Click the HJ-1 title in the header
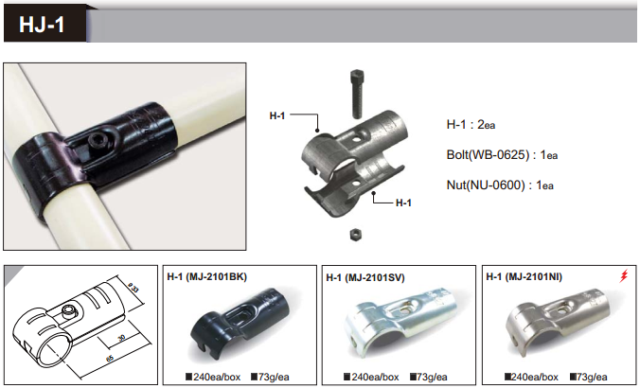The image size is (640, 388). [x=42, y=25]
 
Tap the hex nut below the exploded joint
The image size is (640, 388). [x=356, y=235]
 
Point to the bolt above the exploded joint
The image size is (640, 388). [x=357, y=94]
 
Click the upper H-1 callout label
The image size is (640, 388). [x=277, y=115]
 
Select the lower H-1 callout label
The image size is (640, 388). [x=403, y=203]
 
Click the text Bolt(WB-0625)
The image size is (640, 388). [x=489, y=155]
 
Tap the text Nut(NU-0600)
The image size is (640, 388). [x=486, y=185]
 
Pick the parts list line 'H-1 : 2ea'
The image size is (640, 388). [x=471, y=124]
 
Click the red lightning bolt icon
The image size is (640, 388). [x=623, y=275]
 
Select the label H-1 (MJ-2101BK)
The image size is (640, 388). [x=207, y=277]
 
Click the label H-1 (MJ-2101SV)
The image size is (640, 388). [x=365, y=278]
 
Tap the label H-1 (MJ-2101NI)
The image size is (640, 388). [x=524, y=277]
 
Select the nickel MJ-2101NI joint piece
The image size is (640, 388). [x=558, y=321]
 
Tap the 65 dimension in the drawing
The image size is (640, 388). [x=110, y=359]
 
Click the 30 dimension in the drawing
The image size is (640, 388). [x=121, y=338]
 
